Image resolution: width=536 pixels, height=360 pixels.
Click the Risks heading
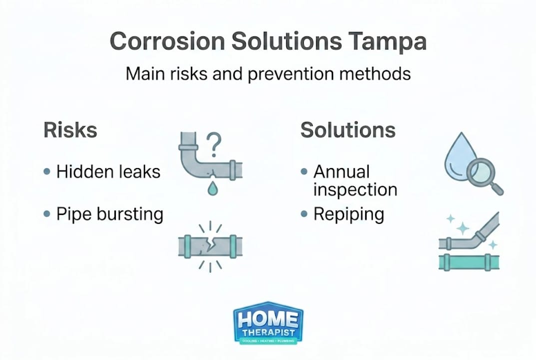pyautogui.click(x=70, y=130)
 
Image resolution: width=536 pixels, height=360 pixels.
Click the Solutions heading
pyautogui.click(x=348, y=130)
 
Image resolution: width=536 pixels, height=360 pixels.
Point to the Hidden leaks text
pyautogui.click(x=108, y=172)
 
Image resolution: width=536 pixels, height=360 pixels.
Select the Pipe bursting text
pyautogui.click(x=109, y=214)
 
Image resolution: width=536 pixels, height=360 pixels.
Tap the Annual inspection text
pyautogui.click(x=355, y=180)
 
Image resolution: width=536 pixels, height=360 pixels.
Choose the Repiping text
pyautogui.click(x=349, y=214)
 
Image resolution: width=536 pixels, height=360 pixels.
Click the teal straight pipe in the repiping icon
pyautogui.click(x=469, y=262)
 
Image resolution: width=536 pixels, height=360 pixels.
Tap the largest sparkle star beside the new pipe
pyautogui.click(x=463, y=229)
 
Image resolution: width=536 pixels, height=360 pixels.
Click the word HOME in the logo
pyautogui.click(x=268, y=319)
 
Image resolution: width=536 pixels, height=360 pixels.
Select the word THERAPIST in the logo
pyautogui.click(x=268, y=332)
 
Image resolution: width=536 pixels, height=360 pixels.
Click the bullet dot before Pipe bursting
pyautogui.click(x=47, y=214)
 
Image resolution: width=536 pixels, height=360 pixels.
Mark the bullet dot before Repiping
pyautogui.click(x=304, y=214)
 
